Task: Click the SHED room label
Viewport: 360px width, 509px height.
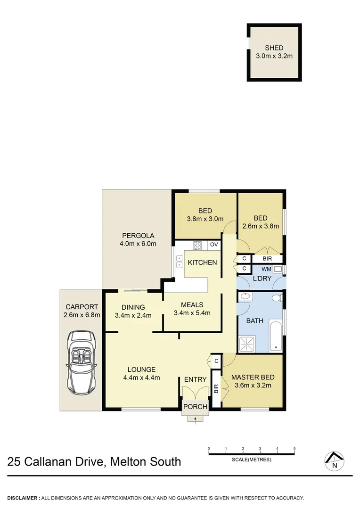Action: (x=274, y=48)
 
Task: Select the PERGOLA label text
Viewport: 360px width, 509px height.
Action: (x=139, y=236)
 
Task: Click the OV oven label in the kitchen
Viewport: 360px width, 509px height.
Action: (x=214, y=245)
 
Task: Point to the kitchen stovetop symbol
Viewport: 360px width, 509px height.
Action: (x=197, y=245)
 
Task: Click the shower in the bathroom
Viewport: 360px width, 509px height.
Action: (x=248, y=344)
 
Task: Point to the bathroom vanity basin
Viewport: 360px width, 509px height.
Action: (x=245, y=297)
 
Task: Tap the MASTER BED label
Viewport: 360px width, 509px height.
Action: (x=252, y=377)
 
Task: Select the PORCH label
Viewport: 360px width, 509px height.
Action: (x=195, y=407)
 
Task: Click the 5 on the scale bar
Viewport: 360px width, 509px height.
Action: (x=295, y=448)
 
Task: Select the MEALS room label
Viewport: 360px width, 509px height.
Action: (x=192, y=304)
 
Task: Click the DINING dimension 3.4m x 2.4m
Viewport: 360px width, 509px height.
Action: (x=133, y=315)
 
